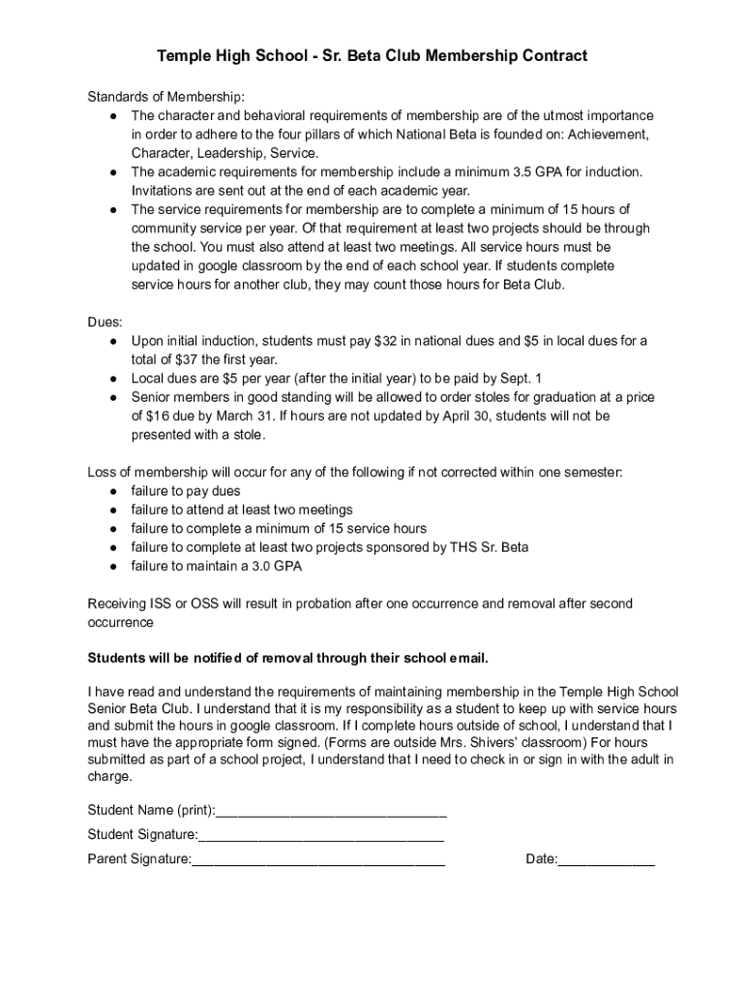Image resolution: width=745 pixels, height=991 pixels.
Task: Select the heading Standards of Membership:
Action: [x=165, y=97]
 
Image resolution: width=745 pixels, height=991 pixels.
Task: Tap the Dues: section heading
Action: [x=105, y=322]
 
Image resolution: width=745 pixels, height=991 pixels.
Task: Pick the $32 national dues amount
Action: [x=381, y=341]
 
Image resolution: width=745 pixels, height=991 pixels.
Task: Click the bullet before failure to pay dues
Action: [x=113, y=492]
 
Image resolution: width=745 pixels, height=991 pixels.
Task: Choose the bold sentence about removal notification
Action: [x=288, y=659]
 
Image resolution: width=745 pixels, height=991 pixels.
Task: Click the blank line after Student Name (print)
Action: [x=331, y=810]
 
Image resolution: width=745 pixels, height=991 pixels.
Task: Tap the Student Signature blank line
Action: [x=321, y=834]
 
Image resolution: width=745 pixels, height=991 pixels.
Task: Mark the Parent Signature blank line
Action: [x=318, y=858]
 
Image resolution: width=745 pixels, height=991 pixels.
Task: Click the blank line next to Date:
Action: [x=607, y=858]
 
